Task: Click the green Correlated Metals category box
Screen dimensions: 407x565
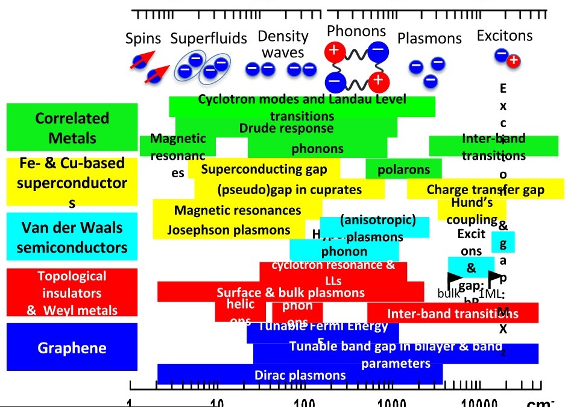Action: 72,127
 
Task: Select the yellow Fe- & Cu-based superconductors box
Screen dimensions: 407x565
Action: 72,181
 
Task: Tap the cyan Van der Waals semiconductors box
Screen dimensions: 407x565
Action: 72,236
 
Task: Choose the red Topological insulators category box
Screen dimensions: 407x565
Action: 72,292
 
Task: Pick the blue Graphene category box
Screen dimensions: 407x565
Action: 72,348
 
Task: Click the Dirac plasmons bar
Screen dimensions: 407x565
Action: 300,375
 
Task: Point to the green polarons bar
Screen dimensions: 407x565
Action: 403,169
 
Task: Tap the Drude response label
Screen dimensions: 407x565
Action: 286,128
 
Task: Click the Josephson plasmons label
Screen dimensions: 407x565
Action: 229,230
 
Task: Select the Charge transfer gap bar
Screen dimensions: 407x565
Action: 485,189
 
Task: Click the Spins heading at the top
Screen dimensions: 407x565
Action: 143,39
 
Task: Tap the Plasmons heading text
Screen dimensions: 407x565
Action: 429,38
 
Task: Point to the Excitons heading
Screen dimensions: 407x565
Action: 505,36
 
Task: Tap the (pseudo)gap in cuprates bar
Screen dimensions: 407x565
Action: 289,189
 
